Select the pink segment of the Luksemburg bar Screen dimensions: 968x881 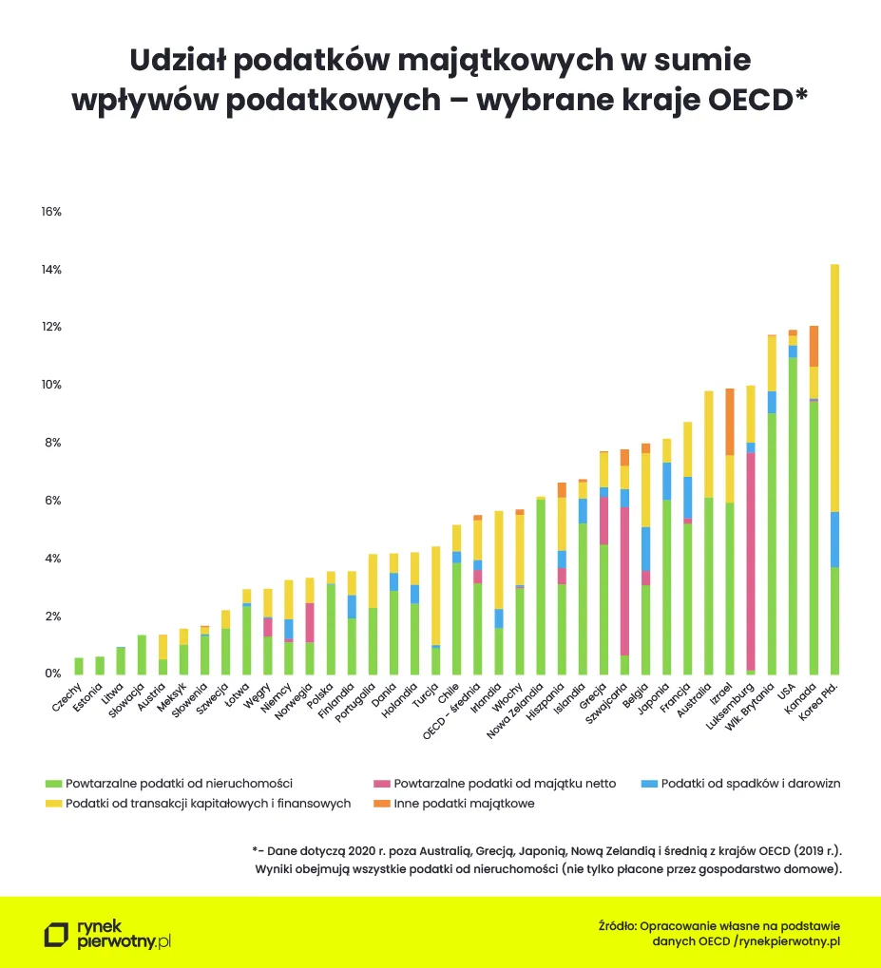click(751, 560)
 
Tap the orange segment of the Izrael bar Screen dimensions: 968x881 click(730, 422)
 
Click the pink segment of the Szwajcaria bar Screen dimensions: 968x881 click(624, 580)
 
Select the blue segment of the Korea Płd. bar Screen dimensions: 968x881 click(834, 539)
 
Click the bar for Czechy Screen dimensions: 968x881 click(79, 665)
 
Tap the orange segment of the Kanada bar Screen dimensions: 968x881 click(814, 346)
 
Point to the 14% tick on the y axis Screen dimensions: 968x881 click(51, 270)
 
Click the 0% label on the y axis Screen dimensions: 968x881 click(53, 674)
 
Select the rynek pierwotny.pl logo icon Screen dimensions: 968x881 click(56, 934)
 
